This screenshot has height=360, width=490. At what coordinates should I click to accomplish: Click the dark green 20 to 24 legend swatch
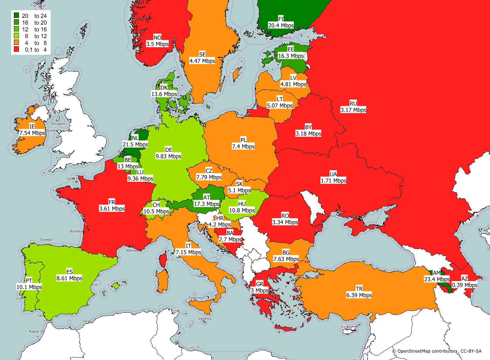pos(16,16)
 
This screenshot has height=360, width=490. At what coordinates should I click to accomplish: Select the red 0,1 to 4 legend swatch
pos(16,49)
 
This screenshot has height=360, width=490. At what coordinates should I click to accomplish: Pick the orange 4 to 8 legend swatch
pos(16,43)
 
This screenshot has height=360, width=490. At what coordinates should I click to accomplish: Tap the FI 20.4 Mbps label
pos(281,22)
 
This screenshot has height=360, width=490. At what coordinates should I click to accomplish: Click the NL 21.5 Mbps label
pos(135,141)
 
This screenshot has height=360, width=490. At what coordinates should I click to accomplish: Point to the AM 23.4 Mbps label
pos(437,276)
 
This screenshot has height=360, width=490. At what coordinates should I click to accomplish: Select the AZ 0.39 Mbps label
pos(465,282)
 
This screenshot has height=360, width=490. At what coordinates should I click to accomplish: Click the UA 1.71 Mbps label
pos(333,177)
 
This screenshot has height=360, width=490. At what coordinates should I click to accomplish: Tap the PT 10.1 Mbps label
pos(29,284)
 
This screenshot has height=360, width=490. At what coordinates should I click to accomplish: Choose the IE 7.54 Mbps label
pos(32,130)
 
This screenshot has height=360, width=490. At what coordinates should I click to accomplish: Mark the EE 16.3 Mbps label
pos(291,53)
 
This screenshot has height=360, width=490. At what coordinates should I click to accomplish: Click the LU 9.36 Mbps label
pos(140,175)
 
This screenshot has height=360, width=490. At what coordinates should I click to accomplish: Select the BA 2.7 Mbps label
pos(230,236)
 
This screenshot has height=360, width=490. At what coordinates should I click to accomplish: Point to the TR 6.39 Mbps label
pos(359,292)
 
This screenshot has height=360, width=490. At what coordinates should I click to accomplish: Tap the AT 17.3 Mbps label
pos(207,201)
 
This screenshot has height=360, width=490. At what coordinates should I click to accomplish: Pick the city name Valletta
pos(205,318)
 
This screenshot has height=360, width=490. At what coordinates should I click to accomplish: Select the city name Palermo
pos(196,298)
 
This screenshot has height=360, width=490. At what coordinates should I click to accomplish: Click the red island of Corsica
pos(163,260)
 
